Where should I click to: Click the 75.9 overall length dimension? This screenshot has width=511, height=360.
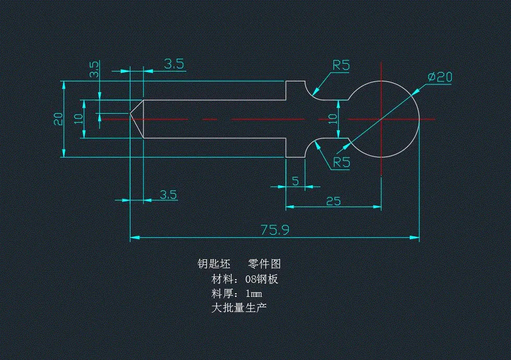tap(275, 230)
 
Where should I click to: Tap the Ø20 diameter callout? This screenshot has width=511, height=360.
tap(439, 77)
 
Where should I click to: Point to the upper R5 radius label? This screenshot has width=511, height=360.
tap(341, 65)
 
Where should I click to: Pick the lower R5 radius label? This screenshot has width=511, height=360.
tap(341, 162)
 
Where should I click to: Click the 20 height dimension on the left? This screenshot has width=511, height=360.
tap(58, 118)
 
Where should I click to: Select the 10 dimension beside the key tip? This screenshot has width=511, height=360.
tap(78, 118)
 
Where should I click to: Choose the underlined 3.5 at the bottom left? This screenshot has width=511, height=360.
tap(168, 195)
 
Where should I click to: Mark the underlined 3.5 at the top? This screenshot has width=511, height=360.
tap(174, 64)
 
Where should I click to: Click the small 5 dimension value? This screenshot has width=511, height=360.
tap(295, 181)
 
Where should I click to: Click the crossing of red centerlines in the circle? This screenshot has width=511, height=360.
tap(382, 119)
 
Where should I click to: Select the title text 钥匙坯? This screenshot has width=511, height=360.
tap(213, 264)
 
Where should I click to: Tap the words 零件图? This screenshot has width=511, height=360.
tap(264, 264)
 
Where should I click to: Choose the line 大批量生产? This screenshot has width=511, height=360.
tap(239, 308)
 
